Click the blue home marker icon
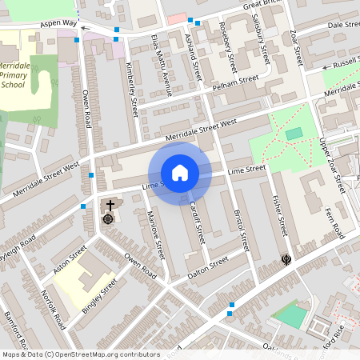tap(180, 173)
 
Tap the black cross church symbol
tap(110, 205)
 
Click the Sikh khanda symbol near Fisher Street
tap(286, 258)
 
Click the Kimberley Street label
tap(131, 88)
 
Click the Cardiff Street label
tap(197, 221)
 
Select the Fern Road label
tap(337, 217)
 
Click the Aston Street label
tap(68, 262)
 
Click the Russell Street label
tap(345, 61)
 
